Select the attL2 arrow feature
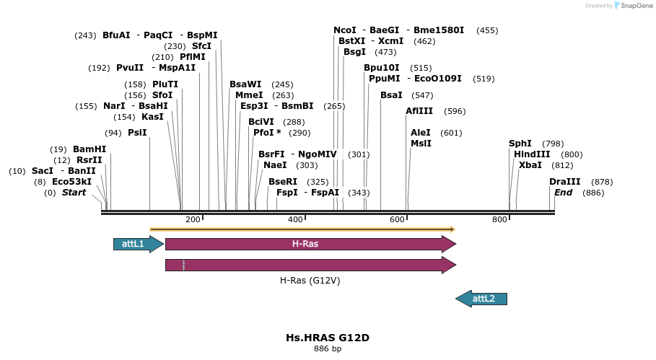point(482,298)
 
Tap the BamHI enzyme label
point(89,149)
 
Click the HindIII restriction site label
point(532,154)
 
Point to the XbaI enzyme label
point(530,165)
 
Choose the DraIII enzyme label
point(564,182)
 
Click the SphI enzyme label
point(520,144)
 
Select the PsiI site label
point(137,133)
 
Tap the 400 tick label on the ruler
point(295,219)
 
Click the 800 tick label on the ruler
point(500,219)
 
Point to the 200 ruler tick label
point(193,219)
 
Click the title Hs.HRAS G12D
point(328,338)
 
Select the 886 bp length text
point(328,349)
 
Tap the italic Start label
point(74,193)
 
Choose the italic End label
point(563,193)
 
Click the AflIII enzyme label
point(420,111)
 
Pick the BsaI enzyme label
point(392,95)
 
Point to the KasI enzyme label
point(152,117)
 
